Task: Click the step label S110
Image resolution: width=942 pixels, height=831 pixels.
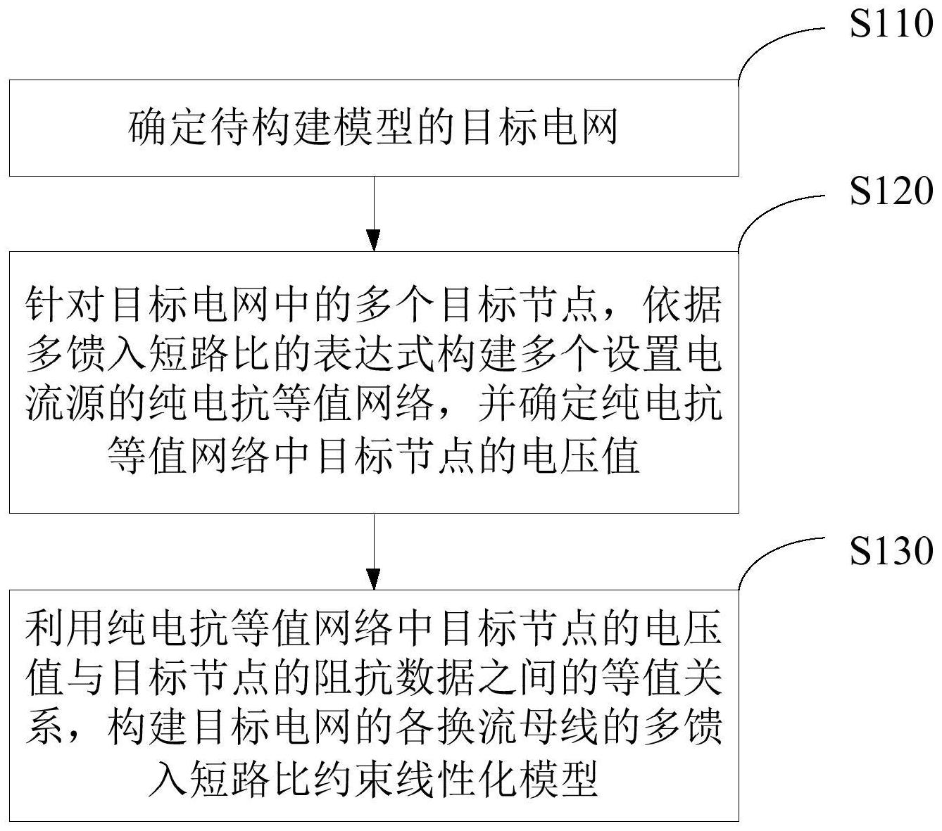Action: pyautogui.click(x=891, y=24)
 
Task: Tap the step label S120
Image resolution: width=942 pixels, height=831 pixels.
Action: pyautogui.click(x=891, y=190)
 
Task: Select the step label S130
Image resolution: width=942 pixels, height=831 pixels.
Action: pyautogui.click(x=891, y=550)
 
